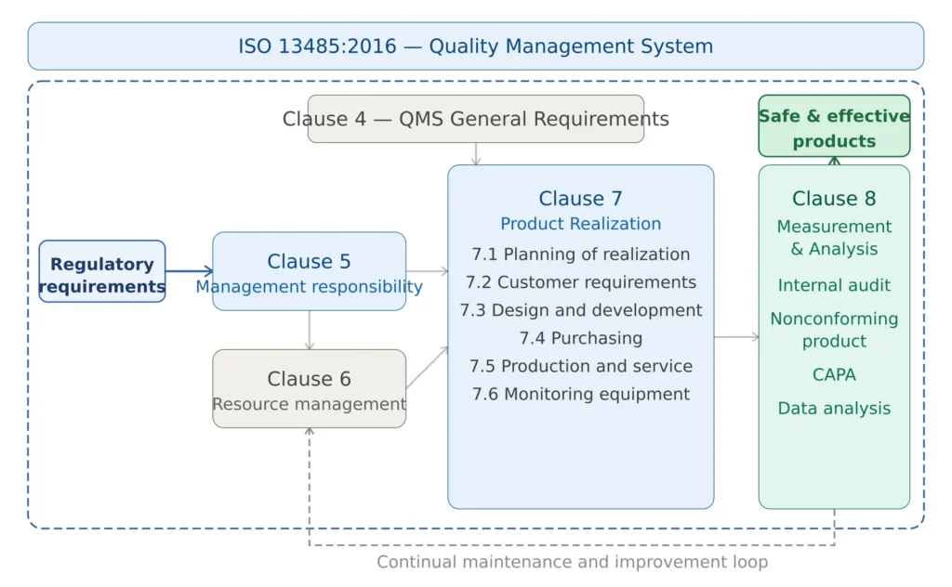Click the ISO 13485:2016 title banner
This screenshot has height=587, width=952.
pos(475,46)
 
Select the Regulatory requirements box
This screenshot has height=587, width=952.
pos(102,271)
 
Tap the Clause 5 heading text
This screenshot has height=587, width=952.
pos(309,262)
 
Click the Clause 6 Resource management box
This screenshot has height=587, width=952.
pos(309,388)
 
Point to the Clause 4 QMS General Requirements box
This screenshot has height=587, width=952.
pos(475,119)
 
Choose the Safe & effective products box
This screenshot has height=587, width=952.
pos(834,126)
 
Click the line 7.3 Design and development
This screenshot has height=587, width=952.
pos(581,310)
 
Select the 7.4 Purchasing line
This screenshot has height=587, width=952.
pos(581,338)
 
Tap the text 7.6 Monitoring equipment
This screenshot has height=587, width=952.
pos(581,394)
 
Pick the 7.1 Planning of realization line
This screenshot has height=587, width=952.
pos(581,254)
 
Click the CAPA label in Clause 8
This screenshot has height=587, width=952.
pos(834,375)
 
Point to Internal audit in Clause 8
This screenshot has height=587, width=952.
pos(834,285)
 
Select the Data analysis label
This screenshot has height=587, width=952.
pos(834,409)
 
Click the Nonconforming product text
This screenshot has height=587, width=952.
pos(834,330)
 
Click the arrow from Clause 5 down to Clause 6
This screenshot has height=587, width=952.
pos(310,330)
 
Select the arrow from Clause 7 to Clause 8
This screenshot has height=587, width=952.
pos(736,337)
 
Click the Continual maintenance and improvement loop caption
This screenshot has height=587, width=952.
pos(572,562)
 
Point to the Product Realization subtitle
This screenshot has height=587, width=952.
pos(581,224)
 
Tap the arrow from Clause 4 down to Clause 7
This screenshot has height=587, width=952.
pos(475,154)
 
